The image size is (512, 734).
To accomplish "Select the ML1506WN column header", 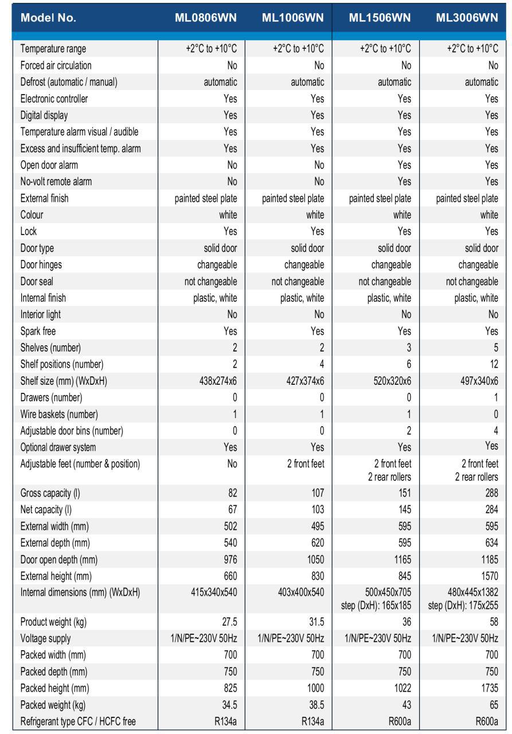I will tap(380, 17).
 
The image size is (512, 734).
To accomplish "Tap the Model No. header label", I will tap(48, 18).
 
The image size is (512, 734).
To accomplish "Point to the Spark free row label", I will tap(38, 331).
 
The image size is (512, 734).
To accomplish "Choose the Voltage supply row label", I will tap(46, 638).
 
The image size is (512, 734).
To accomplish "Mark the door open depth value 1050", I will tap(313, 559).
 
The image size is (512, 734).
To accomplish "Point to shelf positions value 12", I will tap(493, 364).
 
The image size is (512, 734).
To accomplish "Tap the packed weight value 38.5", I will tap(314, 705).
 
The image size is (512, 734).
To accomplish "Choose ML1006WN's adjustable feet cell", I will tap(306, 464).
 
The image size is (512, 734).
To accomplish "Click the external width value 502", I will tap(229, 526).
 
